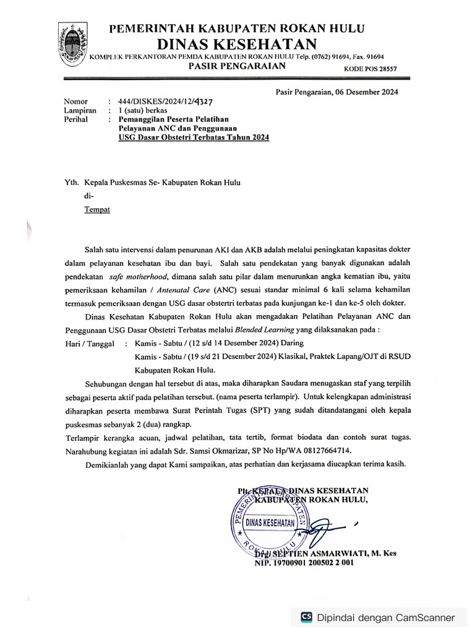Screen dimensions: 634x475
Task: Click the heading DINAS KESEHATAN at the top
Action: pyautogui.click(x=236, y=44)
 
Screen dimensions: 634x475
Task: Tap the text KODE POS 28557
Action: pyautogui.click(x=370, y=69)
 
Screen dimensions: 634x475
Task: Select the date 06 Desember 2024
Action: pyautogui.click(x=367, y=92)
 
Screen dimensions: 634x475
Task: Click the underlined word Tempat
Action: pyautogui.click(x=96, y=210)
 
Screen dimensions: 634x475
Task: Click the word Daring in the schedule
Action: pyautogui.click(x=290, y=342)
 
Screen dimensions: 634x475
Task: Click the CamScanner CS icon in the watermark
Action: pyautogui.click(x=306, y=617)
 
